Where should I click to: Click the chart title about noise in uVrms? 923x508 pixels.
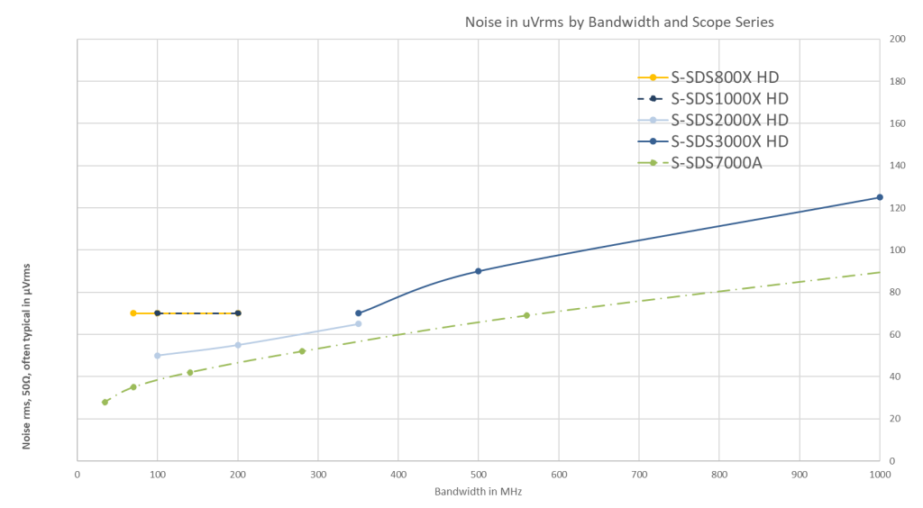tap(618, 22)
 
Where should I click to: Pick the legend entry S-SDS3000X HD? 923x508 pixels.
tap(730, 141)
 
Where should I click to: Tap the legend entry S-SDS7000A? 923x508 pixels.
tap(717, 163)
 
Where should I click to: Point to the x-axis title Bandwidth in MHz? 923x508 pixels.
tap(478, 493)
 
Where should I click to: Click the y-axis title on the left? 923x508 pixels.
tap(27, 356)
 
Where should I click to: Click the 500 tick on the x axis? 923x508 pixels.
tap(478, 471)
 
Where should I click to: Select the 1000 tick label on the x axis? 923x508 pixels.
tap(879, 471)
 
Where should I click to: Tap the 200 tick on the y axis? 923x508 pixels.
tap(897, 40)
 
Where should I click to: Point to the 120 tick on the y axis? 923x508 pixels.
tap(897, 208)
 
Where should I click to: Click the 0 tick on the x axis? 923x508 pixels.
tap(78, 471)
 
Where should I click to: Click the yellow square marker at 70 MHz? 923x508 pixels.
tap(133, 313)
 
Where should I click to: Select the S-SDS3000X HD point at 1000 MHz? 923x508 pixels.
tap(879, 197)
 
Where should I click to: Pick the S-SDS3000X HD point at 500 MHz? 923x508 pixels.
tap(478, 270)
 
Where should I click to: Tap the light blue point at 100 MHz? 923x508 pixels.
tap(158, 355)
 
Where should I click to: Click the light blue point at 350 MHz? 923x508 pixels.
tap(358, 323)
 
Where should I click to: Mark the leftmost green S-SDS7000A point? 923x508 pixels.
tap(105, 402)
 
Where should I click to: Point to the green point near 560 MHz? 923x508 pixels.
tap(526, 315)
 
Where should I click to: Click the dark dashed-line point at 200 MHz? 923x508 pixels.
tap(238, 313)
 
